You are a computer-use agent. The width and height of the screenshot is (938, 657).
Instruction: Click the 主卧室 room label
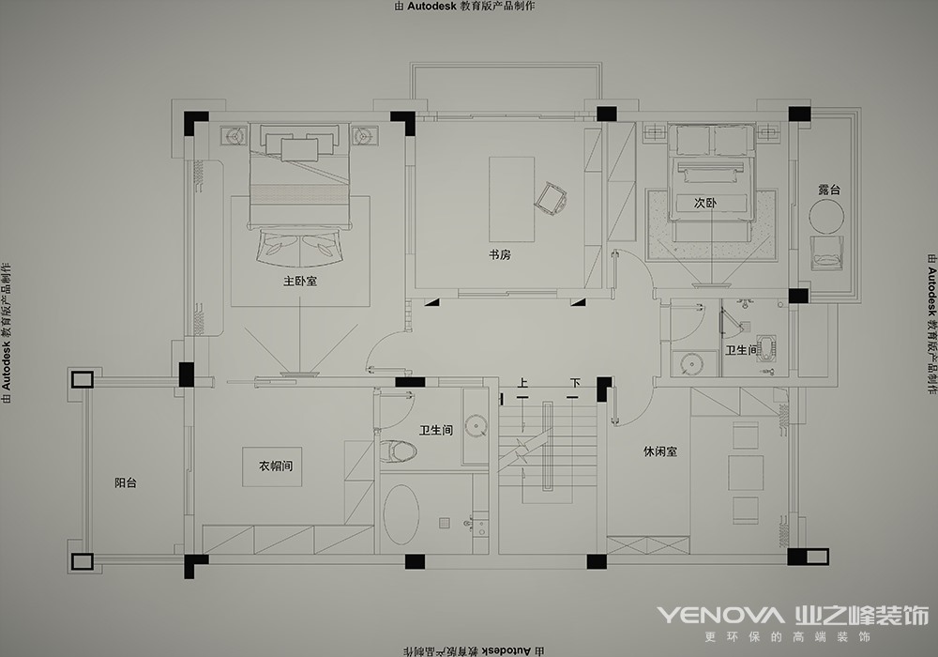300,281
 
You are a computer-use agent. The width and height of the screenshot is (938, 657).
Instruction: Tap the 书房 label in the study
500,254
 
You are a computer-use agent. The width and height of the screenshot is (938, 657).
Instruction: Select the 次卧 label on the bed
704,203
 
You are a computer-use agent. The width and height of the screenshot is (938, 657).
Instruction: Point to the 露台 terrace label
829,190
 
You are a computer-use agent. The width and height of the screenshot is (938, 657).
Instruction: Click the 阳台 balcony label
126,482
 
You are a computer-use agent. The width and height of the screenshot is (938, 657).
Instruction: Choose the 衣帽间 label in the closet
276,466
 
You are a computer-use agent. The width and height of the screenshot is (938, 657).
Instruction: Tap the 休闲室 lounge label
660,451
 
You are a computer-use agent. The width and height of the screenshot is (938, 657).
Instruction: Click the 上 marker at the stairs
522,383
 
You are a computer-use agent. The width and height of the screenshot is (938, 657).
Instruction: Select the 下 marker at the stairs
575,383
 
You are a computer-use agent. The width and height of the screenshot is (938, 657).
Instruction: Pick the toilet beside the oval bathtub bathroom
398,451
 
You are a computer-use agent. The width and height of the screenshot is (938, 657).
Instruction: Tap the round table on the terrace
826,216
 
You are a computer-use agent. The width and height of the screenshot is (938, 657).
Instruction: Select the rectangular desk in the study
511,199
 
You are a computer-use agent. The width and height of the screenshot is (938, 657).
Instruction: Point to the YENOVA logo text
720,615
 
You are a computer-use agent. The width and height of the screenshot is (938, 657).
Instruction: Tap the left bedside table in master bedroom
234,136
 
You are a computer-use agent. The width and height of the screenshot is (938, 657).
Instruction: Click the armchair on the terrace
826,253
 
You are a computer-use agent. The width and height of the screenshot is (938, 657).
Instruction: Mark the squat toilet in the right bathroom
765,349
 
